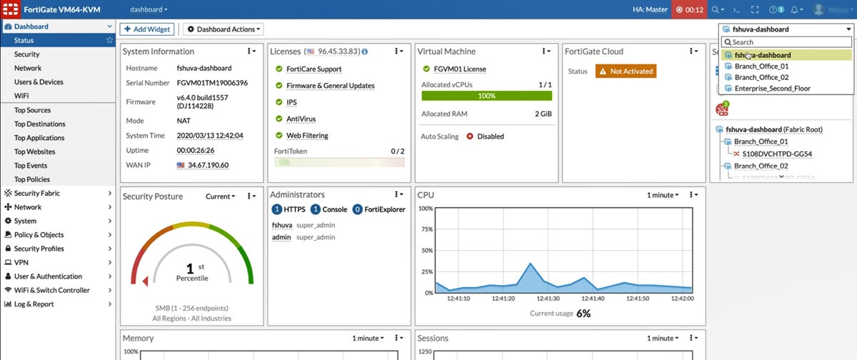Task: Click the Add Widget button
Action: coord(146,29)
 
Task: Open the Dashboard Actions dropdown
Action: coord(223,29)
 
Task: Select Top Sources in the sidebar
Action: coord(32,110)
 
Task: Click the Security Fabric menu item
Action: coord(36,194)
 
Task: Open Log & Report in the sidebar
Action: coord(34,304)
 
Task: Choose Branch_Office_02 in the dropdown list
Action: coord(761,77)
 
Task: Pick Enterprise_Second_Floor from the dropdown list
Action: coord(772,89)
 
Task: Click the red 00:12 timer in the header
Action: coord(689,10)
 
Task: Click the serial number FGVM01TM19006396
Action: coord(212,83)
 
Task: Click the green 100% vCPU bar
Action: coord(486,95)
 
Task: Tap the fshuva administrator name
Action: coord(282,225)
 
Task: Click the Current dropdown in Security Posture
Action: coord(220,196)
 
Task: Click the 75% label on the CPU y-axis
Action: coord(425,230)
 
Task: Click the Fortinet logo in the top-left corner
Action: coord(11,10)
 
